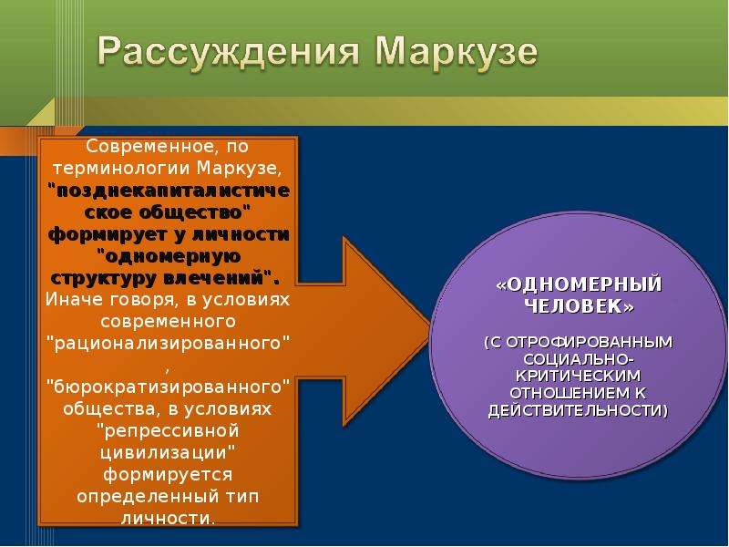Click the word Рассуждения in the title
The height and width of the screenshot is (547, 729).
click(x=229, y=52)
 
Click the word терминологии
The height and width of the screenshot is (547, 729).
click(x=121, y=169)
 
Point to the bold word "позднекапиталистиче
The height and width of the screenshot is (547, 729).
click(x=169, y=191)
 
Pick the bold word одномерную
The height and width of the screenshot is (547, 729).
click(x=169, y=256)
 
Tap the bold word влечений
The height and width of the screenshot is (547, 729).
click(x=214, y=278)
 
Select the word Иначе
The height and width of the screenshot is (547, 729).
click(x=74, y=300)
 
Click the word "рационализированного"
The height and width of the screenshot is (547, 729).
click(x=169, y=344)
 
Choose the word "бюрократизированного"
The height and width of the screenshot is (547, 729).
click(x=169, y=387)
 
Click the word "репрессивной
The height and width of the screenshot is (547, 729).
click(x=169, y=431)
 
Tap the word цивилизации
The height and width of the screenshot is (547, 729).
click(x=164, y=453)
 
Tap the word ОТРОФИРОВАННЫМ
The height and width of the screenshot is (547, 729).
click(x=589, y=343)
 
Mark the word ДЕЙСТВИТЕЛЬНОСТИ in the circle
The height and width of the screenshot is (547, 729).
click(x=575, y=411)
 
